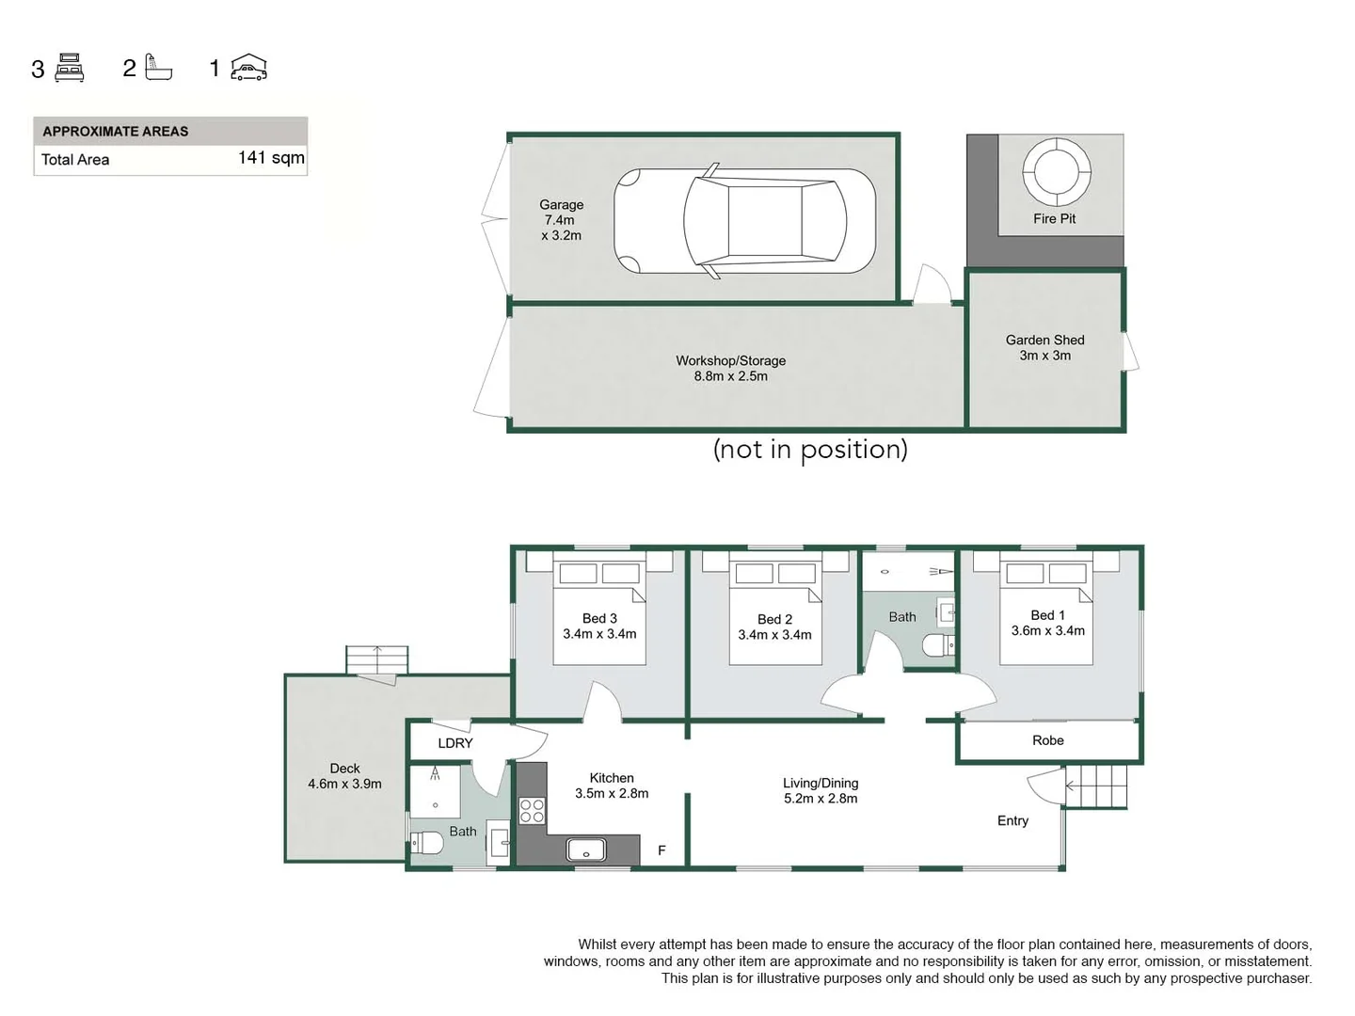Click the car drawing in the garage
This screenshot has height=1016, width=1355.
pyautogui.click(x=744, y=221)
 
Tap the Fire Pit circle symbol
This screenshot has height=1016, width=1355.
pyautogui.click(x=1056, y=171)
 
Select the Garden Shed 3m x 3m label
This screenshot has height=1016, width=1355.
pyautogui.click(x=1044, y=347)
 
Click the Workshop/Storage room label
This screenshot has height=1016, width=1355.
pyautogui.click(x=730, y=368)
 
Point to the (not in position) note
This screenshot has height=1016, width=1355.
pyautogui.click(x=810, y=450)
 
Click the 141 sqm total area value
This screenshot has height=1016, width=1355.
pyautogui.click(x=271, y=158)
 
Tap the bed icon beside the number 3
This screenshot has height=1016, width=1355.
pyautogui.click(x=71, y=68)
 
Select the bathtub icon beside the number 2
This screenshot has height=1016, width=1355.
pyautogui.click(x=158, y=68)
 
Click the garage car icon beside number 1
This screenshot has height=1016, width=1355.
pyautogui.click(x=249, y=68)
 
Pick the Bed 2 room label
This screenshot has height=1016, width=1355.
pyautogui.click(x=774, y=627)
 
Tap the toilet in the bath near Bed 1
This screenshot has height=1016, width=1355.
pyautogui.click(x=938, y=645)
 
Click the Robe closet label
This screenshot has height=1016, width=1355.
pyautogui.click(x=1047, y=740)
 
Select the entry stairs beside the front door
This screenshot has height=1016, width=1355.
pyautogui.click(x=1096, y=786)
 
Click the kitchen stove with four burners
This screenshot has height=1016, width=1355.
pyautogui.click(x=532, y=810)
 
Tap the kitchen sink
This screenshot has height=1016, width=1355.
pyautogui.click(x=586, y=850)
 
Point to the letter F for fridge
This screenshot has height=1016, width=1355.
pyautogui.click(x=662, y=850)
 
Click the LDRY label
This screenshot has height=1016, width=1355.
pyautogui.click(x=455, y=743)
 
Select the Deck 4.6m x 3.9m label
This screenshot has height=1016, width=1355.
pyautogui.click(x=344, y=776)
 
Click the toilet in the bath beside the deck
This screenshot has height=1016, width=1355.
pyautogui.click(x=428, y=843)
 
